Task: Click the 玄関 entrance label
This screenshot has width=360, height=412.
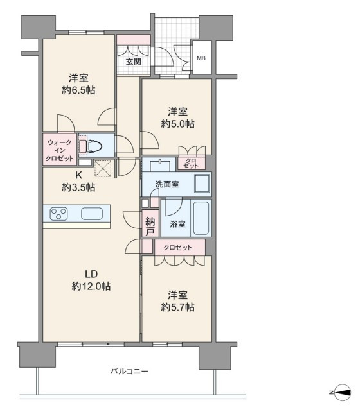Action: [134, 62]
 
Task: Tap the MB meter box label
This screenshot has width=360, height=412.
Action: [201, 58]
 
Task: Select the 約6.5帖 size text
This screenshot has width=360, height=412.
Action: [78, 90]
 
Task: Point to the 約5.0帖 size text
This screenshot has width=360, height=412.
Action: [177, 124]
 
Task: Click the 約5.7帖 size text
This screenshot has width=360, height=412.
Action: [177, 307]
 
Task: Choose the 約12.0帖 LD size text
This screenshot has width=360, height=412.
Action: [91, 286]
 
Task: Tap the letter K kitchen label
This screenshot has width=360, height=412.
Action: [78, 175]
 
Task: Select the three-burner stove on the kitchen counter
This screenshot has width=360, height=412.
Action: [59, 214]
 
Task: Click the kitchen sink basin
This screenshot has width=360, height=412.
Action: [92, 214]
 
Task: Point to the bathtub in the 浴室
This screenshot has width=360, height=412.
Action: [201, 218]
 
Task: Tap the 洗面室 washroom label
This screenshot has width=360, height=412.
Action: [167, 184]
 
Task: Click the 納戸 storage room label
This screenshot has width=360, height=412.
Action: [150, 227]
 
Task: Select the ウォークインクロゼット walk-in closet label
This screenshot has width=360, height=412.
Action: [60, 151]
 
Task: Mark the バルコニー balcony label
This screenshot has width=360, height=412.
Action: [129, 372]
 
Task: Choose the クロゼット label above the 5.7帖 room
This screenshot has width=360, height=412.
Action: [178, 248]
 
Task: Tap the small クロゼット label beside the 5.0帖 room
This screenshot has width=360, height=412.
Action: [191, 163]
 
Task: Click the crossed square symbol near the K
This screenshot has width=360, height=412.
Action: [103, 168]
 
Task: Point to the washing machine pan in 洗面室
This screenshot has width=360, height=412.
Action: [203, 184]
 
